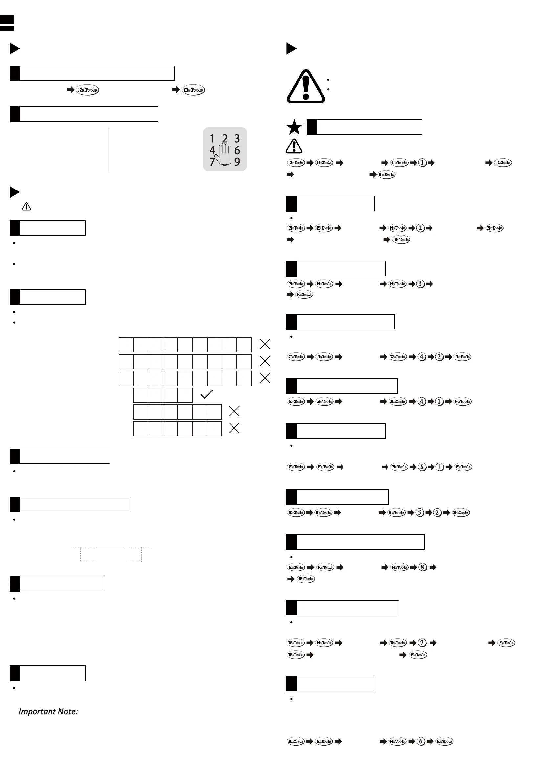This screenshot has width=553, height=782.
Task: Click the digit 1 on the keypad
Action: point(212,138)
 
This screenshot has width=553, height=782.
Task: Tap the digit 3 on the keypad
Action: point(237,138)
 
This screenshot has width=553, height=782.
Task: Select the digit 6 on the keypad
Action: point(237,150)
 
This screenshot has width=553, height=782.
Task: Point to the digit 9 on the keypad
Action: point(237,162)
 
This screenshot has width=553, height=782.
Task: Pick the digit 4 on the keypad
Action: point(212,150)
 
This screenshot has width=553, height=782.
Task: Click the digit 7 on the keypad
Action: point(212,162)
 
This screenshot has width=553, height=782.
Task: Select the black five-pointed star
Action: point(294,127)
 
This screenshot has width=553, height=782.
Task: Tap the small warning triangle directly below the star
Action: point(294,146)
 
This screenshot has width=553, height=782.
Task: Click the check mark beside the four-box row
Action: point(206,394)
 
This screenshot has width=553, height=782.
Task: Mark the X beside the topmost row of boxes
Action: point(265,344)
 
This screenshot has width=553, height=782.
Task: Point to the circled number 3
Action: point(420,284)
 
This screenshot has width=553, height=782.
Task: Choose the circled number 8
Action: point(422,567)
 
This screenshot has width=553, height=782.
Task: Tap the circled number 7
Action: point(422,643)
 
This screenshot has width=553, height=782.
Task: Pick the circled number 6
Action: point(421,741)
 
